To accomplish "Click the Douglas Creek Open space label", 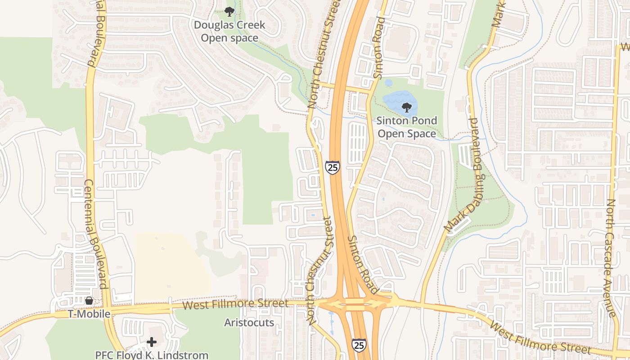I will [x=229, y=31].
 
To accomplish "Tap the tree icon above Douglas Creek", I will [x=229, y=11].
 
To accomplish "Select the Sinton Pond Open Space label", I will [x=406, y=127].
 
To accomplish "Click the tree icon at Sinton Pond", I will [x=406, y=108].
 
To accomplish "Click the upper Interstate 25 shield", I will [x=333, y=167].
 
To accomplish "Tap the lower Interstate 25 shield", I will [x=359, y=345].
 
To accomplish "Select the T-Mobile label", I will [x=89, y=314].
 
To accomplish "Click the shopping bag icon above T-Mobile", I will [x=89, y=301].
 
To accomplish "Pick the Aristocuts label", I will [x=249, y=323].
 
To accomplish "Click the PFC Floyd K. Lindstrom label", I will [x=152, y=355].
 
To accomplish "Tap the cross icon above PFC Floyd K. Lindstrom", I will [x=152, y=342].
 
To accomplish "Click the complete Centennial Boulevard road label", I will [x=95, y=234].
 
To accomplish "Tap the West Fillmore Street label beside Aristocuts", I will [x=236, y=304].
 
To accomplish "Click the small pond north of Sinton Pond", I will [x=388, y=83].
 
